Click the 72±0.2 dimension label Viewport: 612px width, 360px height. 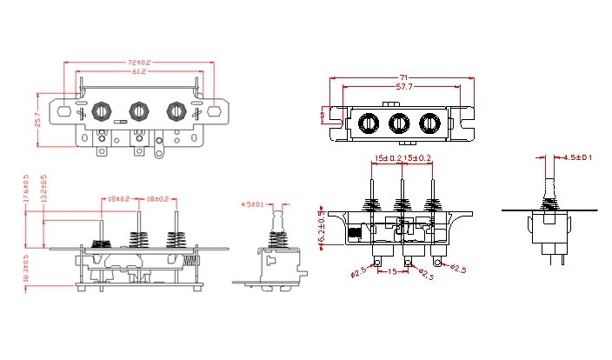139,63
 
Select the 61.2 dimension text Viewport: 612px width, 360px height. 139,72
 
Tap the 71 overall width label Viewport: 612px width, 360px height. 402,77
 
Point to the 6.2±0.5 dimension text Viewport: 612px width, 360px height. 323,228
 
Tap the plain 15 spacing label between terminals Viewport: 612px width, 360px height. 392,272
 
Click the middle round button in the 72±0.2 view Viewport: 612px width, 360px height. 138,111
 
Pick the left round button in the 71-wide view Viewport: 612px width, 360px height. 369,123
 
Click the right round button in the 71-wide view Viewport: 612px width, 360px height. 429,123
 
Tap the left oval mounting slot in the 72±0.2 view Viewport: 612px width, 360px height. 65,111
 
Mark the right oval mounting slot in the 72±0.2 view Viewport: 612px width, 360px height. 214,111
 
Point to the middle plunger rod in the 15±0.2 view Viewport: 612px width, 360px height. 402,187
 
